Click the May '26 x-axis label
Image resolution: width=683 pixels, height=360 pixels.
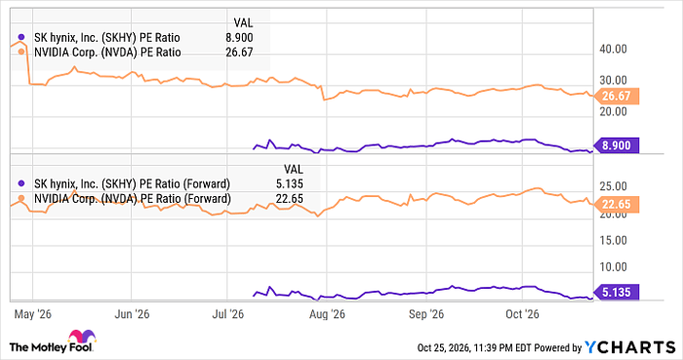32,314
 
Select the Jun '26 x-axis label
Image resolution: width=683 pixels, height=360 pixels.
132,314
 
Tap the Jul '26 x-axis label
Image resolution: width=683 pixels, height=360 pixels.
227,314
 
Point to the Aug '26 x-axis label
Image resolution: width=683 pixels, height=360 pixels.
327,314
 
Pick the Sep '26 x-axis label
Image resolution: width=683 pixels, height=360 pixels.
426,314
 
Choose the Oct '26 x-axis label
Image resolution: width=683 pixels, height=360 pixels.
522,314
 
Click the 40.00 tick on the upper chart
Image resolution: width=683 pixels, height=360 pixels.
613,49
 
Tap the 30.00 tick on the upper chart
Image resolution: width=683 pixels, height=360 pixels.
613,80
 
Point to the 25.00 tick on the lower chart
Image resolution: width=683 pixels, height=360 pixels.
613,186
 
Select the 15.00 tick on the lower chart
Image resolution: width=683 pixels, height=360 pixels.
613,240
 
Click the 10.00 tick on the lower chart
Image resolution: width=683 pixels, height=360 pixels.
613,267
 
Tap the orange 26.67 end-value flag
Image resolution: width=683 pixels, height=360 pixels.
616,96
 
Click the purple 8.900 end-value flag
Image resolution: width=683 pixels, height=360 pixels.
616,145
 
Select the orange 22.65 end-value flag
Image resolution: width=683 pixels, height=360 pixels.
616,204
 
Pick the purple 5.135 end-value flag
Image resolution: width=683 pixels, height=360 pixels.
616,292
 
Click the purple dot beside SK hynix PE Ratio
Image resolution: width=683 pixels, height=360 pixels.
20,37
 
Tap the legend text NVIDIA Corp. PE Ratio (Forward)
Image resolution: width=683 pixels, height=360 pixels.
133,199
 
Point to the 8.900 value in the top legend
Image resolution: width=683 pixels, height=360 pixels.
239,38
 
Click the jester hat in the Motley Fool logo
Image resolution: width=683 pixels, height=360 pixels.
82,336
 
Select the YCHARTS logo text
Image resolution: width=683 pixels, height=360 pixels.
630,347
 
